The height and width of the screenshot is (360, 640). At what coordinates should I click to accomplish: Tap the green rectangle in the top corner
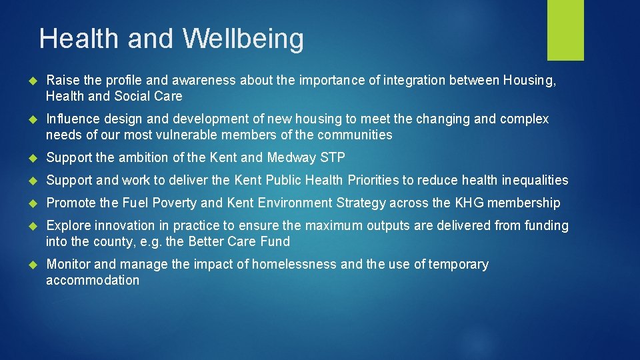565,30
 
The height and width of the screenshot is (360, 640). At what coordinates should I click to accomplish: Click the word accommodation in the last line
93,280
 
